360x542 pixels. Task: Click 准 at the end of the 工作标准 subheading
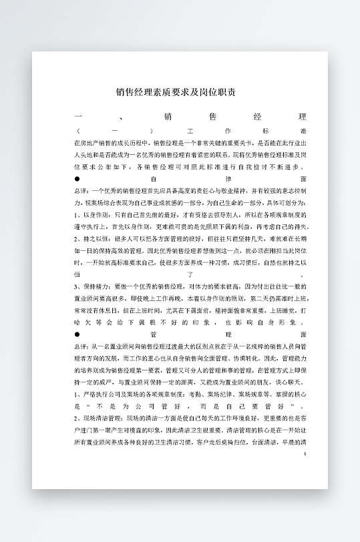[304, 131]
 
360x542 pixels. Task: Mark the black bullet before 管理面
[77, 334]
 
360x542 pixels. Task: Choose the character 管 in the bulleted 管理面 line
[153, 334]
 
